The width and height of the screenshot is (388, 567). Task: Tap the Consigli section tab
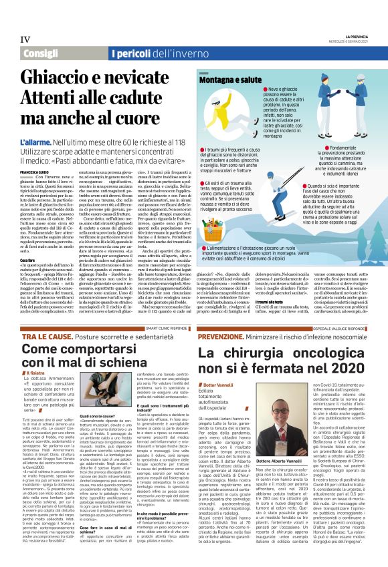point(41,53)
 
